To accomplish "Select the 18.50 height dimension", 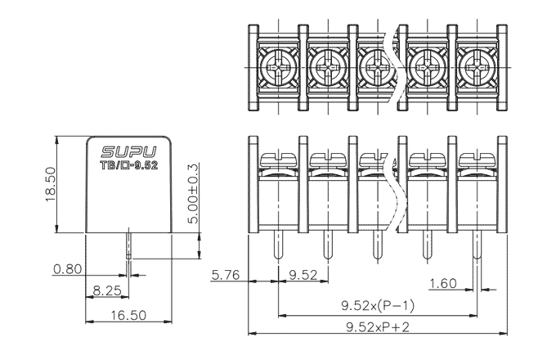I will tap(50, 182).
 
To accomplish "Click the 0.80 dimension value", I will tap(67, 268).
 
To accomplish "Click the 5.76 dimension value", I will tap(225, 275).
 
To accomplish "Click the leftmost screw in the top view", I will tap(278, 63).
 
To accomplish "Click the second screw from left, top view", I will tap(327, 63).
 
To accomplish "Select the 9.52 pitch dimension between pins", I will tap(303, 275).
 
